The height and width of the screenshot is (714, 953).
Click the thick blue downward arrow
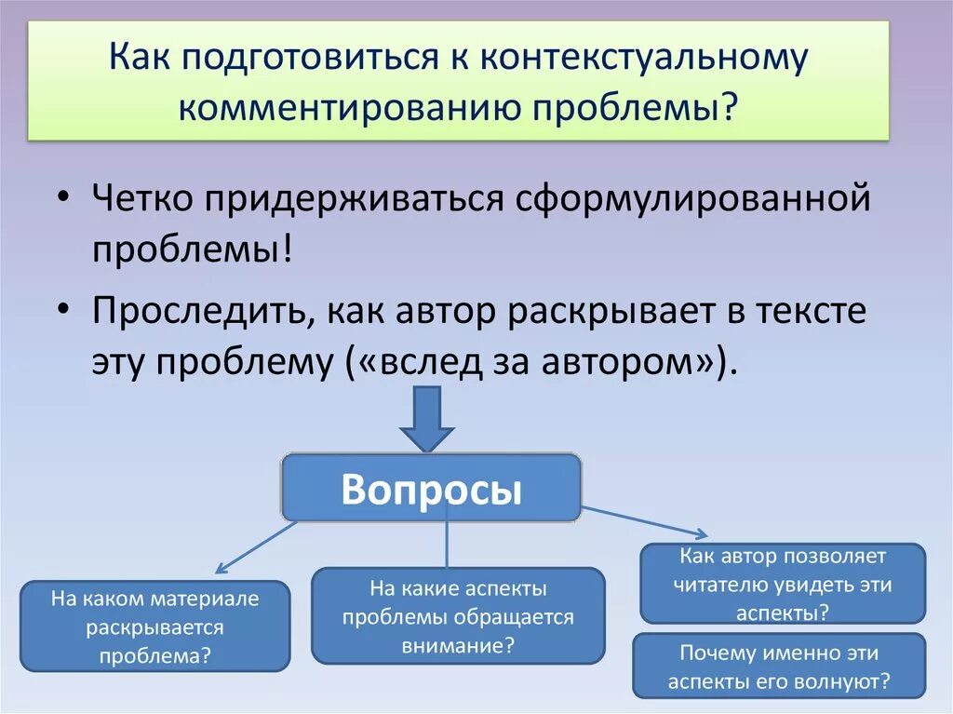coord(427,419)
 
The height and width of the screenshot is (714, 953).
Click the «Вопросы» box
coord(431,488)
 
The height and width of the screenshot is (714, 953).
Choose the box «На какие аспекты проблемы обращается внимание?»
coord(458,616)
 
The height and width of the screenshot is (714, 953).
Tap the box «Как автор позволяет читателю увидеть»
coord(783,584)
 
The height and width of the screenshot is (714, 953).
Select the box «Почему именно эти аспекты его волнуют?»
coord(779,667)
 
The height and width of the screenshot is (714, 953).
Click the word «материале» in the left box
coord(214,599)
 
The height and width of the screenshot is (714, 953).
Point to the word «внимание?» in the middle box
coord(459,644)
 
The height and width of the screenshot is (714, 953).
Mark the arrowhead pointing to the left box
coord(221,569)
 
